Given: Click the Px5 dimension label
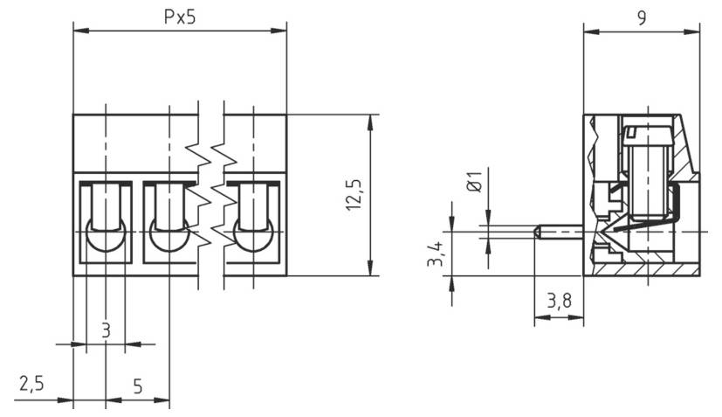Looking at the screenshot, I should click(179, 17).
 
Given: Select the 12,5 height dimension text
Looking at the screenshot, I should click(354, 193).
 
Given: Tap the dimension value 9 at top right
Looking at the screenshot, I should click(642, 17).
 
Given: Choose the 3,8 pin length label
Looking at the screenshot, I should click(559, 302).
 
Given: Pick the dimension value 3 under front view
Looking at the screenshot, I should click(106, 330).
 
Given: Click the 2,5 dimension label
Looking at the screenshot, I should click(31, 385).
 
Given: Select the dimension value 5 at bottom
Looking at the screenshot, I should click(138, 385).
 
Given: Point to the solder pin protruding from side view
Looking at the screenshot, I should click(557, 232).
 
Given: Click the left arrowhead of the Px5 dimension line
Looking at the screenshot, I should click(79, 31).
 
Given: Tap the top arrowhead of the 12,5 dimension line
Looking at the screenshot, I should click(372, 121).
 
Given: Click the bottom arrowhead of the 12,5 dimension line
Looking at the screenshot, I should click(372, 269).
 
